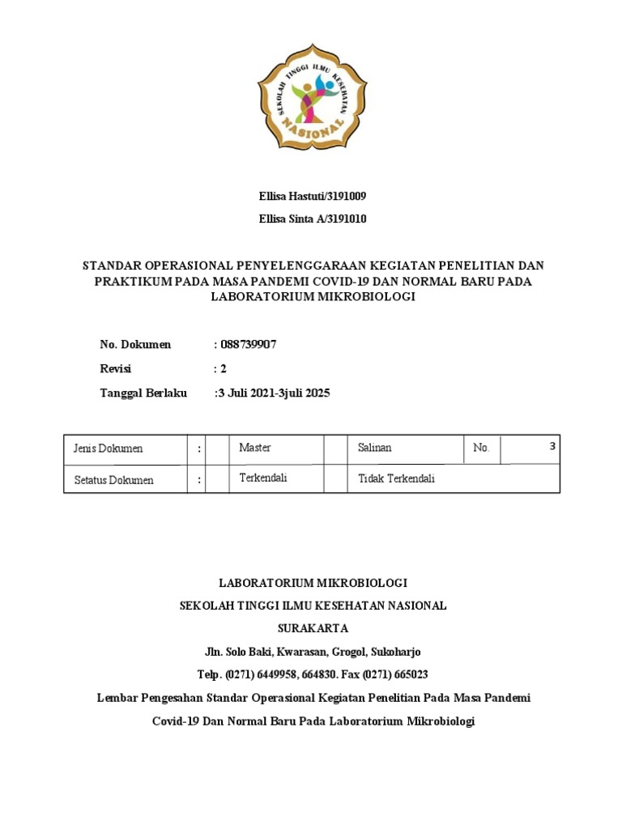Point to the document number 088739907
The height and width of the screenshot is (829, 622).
pyautogui.click(x=248, y=344)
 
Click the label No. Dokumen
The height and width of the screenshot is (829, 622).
pyautogui.click(x=135, y=344)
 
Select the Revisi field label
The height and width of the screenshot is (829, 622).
pyautogui.click(x=115, y=368)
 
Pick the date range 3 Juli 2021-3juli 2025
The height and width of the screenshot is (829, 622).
pyautogui.click(x=272, y=393)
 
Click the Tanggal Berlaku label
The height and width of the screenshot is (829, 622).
pyautogui.click(x=143, y=393)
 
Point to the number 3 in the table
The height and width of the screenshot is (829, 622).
pyautogui.click(x=552, y=446)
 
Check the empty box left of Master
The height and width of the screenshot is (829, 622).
pyautogui.click(x=217, y=449)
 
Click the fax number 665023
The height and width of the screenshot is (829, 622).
pyautogui.click(x=411, y=674)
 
